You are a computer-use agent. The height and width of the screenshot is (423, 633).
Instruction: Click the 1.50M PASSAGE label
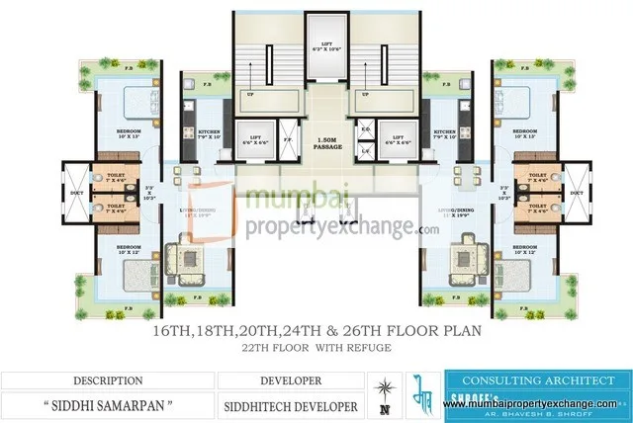(x=316, y=142)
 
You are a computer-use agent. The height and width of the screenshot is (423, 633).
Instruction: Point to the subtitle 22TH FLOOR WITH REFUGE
(x=316, y=349)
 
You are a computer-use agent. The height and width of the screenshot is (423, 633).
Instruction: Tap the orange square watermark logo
(x=211, y=213)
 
